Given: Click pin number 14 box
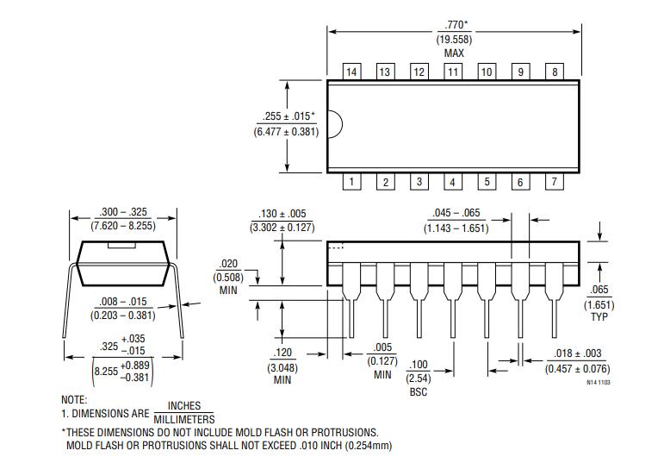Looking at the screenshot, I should point(351,72).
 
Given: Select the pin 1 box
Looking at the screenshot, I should point(351,181).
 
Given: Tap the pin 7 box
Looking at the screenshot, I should point(555,181).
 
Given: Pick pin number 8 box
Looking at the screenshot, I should point(555,72).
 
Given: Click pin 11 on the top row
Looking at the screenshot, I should point(453,72).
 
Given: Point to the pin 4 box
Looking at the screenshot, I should point(453,181).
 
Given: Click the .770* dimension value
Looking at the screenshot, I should point(454,25).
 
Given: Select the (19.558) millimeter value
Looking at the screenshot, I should point(454,40).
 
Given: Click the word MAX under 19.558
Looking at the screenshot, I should point(454,53).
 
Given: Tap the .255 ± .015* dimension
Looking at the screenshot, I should point(289,116).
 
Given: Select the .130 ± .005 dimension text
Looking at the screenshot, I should point(282,214).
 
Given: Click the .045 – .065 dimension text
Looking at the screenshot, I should point(456,214).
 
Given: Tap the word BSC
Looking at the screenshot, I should point(418,392).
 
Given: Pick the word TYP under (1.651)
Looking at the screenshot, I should point(599,317).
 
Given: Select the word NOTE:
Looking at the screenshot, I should point(74,400).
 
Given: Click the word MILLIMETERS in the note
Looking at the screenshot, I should point(184,419).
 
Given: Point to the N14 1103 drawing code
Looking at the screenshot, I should point(599,381).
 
